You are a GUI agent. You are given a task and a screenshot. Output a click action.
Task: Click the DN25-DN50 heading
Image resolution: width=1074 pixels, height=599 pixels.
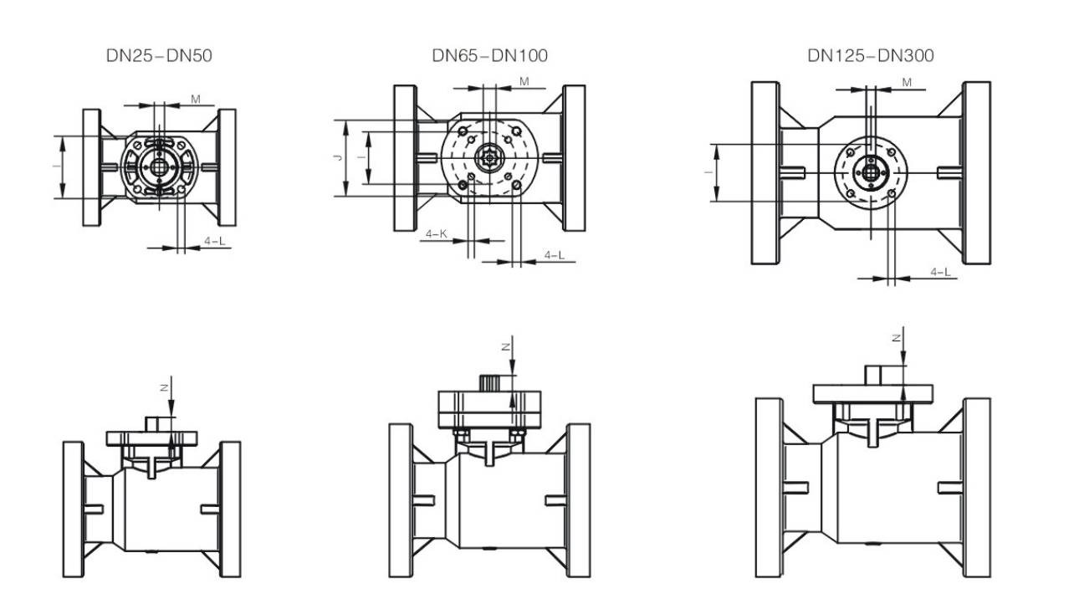pyautogui.click(x=159, y=57)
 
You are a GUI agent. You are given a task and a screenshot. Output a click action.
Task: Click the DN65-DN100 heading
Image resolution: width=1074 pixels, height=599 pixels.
pyautogui.click(x=489, y=57)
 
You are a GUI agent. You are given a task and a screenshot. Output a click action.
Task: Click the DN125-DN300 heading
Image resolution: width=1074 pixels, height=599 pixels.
pyautogui.click(x=870, y=57)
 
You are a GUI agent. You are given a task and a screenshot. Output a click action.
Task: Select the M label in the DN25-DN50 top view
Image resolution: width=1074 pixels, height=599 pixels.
pyautogui.click(x=195, y=100)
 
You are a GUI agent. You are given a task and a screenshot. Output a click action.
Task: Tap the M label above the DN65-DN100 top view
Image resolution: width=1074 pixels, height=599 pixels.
pyautogui.click(x=524, y=81)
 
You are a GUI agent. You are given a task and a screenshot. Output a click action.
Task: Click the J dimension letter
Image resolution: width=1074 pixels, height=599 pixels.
pyautogui.click(x=338, y=158)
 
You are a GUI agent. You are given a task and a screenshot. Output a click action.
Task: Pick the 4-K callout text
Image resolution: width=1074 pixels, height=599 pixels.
pyautogui.click(x=437, y=234)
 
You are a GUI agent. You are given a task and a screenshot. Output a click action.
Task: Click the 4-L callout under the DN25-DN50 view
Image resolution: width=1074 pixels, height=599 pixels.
pyautogui.click(x=214, y=242)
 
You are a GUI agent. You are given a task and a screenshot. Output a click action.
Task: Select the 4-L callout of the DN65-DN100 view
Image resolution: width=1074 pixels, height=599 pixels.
pyautogui.click(x=554, y=255)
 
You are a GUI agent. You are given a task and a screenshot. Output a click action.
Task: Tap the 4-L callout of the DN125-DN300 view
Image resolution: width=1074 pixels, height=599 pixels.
pyautogui.click(x=940, y=272)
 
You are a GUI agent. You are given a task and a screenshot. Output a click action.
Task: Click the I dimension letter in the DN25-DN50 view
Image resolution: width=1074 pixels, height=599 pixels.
pyautogui.click(x=56, y=166)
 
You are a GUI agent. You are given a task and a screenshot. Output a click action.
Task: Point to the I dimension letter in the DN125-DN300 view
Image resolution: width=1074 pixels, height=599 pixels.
pyautogui.click(x=708, y=172)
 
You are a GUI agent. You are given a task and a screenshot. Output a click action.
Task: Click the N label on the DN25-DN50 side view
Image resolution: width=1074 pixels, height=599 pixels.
pyautogui.click(x=166, y=387)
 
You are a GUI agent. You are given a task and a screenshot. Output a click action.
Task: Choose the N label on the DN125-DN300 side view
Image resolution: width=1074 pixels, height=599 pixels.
pyautogui.click(x=897, y=337)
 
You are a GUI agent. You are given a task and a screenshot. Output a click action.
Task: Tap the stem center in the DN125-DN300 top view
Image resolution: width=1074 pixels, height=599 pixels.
pyautogui.click(x=871, y=172)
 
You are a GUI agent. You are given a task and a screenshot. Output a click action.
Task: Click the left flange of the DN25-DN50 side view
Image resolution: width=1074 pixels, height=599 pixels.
pyautogui.click(x=73, y=509)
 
